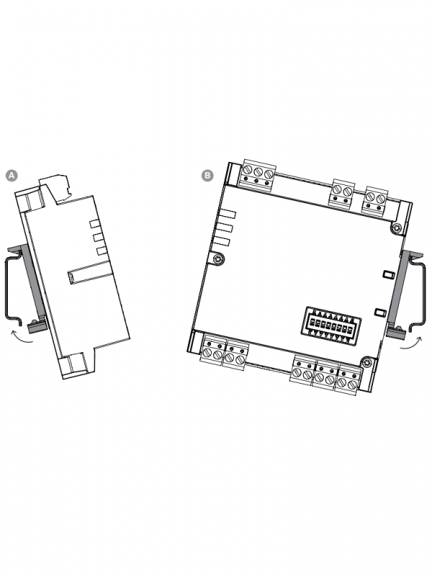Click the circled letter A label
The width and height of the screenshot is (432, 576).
tap(12, 176)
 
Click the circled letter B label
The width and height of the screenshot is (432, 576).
tap(207, 175)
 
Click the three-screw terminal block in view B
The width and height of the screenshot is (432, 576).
tap(258, 176)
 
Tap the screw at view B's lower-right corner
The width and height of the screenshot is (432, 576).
tap(366, 362)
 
